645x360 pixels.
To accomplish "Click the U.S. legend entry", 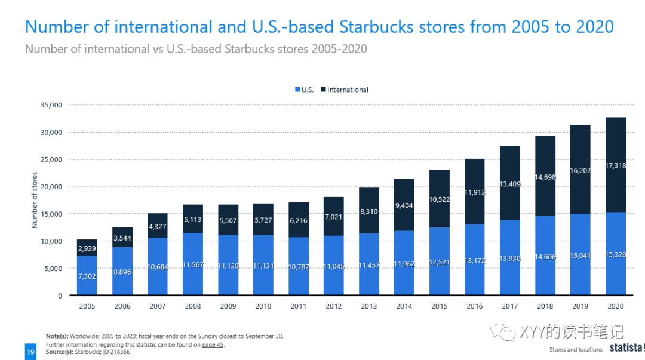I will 304,90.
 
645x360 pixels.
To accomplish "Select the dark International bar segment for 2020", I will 616,143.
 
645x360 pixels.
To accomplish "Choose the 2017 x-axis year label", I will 509,306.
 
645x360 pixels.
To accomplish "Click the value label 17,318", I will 616,165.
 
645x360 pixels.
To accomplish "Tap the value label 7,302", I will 87,276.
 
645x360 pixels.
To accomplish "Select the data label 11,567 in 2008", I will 193,264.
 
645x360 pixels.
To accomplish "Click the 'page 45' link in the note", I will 212,345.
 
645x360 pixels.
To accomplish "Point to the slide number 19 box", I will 30,352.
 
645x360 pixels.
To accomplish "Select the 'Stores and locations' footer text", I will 576,350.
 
